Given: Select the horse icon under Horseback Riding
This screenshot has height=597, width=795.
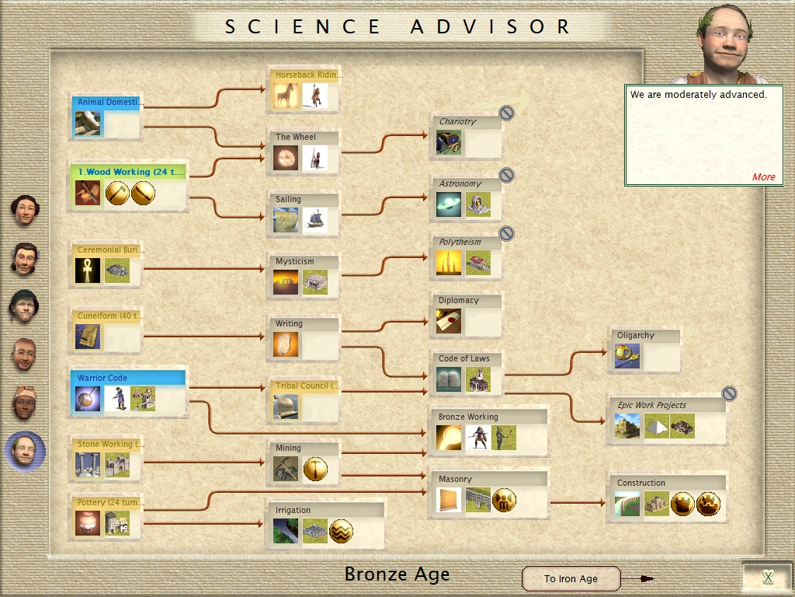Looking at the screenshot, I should coord(285,96).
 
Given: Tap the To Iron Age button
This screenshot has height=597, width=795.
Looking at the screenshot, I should coord(571,578).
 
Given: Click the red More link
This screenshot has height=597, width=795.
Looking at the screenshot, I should coord(763,176).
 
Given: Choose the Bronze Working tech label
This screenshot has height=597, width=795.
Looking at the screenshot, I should coord(467,417).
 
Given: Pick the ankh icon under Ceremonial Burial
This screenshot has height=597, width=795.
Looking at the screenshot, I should coord(88,271).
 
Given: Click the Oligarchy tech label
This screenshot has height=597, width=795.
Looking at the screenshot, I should coord(635,335).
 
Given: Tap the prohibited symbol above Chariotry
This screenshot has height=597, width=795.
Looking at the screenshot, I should coord(506,113).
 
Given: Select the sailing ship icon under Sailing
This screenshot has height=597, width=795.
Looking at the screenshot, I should coord(314,220).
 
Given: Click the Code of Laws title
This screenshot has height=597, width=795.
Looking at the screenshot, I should coord(463,358).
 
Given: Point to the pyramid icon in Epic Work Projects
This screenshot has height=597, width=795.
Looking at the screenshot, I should coord(656,426).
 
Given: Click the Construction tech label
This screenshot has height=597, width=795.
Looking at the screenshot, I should coord(641,483).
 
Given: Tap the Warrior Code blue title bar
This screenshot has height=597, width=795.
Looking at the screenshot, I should coord(128,378).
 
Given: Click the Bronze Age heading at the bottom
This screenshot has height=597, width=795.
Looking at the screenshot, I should coord(397,574).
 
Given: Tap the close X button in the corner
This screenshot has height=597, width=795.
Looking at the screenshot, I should coord(767,577).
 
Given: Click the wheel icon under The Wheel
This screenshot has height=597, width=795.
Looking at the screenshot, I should coord(285,159).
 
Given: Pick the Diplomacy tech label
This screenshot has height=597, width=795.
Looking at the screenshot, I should coord(458,300).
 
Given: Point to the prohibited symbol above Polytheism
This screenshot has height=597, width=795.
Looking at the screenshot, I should coord(506,234).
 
